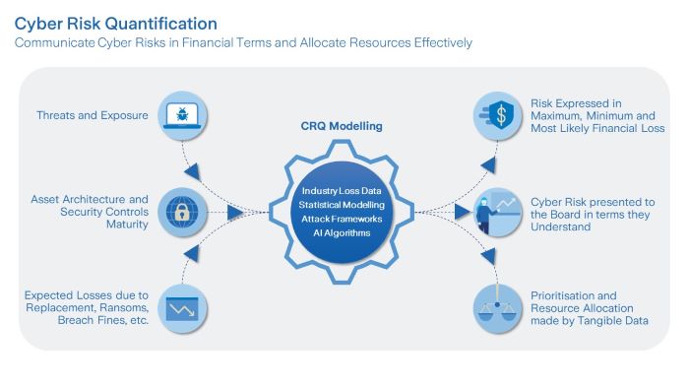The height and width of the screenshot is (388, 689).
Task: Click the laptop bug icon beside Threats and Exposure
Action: [x=182, y=115]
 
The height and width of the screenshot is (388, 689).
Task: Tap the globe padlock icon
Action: [x=181, y=212]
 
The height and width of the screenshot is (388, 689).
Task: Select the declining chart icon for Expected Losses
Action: [x=182, y=307]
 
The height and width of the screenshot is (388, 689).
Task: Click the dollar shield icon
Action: [x=499, y=114]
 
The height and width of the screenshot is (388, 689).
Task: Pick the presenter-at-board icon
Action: [x=498, y=212]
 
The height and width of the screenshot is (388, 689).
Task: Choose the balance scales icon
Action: [x=498, y=307]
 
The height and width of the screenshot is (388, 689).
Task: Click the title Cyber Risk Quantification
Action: [x=116, y=22]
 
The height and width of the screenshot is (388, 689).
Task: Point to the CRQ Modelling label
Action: [x=341, y=125]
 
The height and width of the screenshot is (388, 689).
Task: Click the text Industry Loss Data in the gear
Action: [x=342, y=190]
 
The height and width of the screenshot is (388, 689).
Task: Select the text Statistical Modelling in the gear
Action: [x=342, y=204]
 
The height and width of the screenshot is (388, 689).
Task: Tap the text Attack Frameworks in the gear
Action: [x=342, y=218]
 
